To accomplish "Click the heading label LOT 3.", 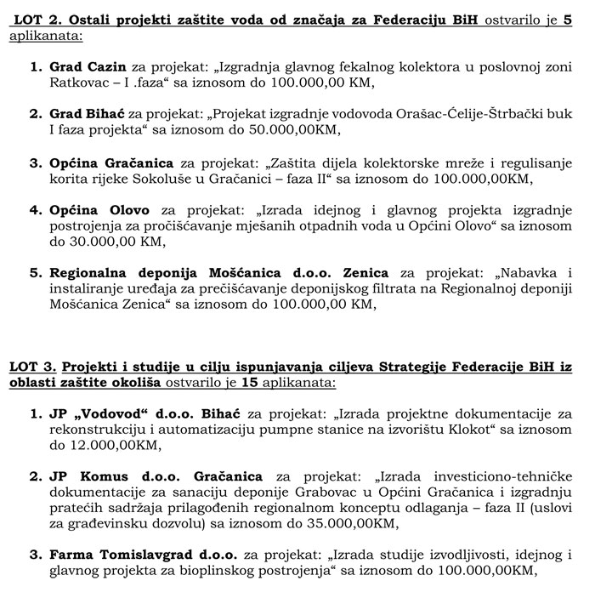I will click(30, 367).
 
